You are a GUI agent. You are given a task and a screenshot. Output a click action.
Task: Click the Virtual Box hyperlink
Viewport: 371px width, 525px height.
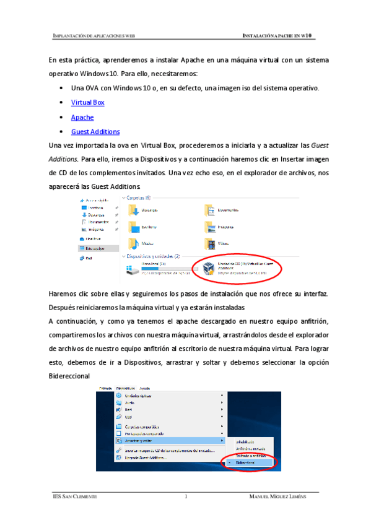[x=87, y=102]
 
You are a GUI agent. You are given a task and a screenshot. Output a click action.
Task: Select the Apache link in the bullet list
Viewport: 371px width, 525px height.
[x=82, y=117]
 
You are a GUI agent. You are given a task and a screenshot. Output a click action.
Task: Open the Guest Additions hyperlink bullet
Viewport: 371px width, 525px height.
[x=95, y=132]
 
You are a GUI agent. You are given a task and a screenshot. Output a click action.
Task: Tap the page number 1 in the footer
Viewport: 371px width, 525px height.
[x=185, y=497]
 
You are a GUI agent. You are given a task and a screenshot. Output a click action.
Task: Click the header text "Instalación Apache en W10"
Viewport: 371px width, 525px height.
[x=279, y=37]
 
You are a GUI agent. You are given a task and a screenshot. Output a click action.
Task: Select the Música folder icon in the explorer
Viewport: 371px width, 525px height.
[x=133, y=243]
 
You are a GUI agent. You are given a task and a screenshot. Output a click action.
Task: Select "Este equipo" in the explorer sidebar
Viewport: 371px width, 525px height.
[x=93, y=248]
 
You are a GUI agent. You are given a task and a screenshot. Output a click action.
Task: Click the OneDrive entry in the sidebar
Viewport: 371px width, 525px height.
[x=93, y=238]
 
